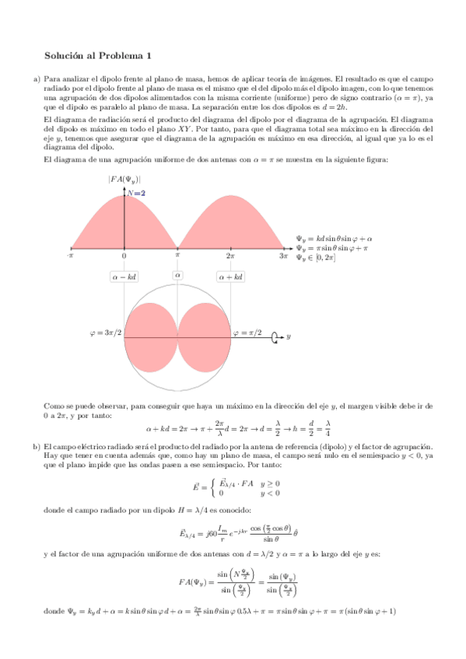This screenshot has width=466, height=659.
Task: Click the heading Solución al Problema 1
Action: point(98,55)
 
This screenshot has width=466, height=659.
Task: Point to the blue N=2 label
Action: point(137,193)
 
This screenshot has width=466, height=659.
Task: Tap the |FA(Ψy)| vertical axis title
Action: point(124,180)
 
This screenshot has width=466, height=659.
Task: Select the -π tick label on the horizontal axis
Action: point(70,255)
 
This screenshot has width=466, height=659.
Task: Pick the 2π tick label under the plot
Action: point(231,255)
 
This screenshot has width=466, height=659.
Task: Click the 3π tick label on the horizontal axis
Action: point(284,255)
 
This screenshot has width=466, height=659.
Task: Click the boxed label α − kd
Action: point(124,276)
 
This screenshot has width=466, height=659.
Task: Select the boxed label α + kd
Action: point(231,276)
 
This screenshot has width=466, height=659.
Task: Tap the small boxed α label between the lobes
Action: point(177,275)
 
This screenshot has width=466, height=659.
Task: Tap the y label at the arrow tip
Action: point(289,337)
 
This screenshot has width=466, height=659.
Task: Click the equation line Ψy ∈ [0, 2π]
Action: point(316,257)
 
